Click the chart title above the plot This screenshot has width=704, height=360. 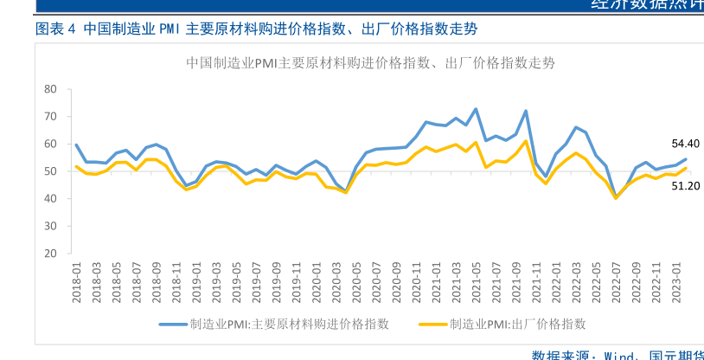pos(370,62)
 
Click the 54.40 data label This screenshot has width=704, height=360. pos(685,144)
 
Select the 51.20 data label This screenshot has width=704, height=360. pos(685,185)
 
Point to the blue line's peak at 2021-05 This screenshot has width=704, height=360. pos(476,109)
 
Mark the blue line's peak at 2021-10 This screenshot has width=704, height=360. pos(526,111)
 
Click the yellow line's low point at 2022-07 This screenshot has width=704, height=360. pos(616,198)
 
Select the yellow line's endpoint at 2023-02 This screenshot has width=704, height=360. pos(686,168)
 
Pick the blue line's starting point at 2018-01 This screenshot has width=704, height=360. pos(76,145)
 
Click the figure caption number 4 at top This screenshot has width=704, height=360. pos(72,29)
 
